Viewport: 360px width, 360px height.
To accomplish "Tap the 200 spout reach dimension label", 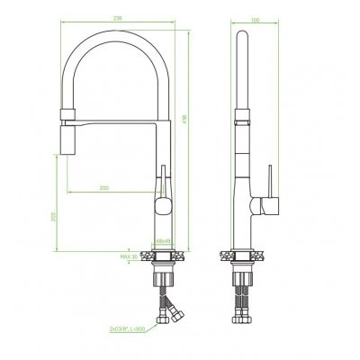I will tap(105, 187).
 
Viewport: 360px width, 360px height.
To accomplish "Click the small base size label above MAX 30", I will tap(163, 241).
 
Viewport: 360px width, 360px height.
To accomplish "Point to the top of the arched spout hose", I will tap(117, 39).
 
